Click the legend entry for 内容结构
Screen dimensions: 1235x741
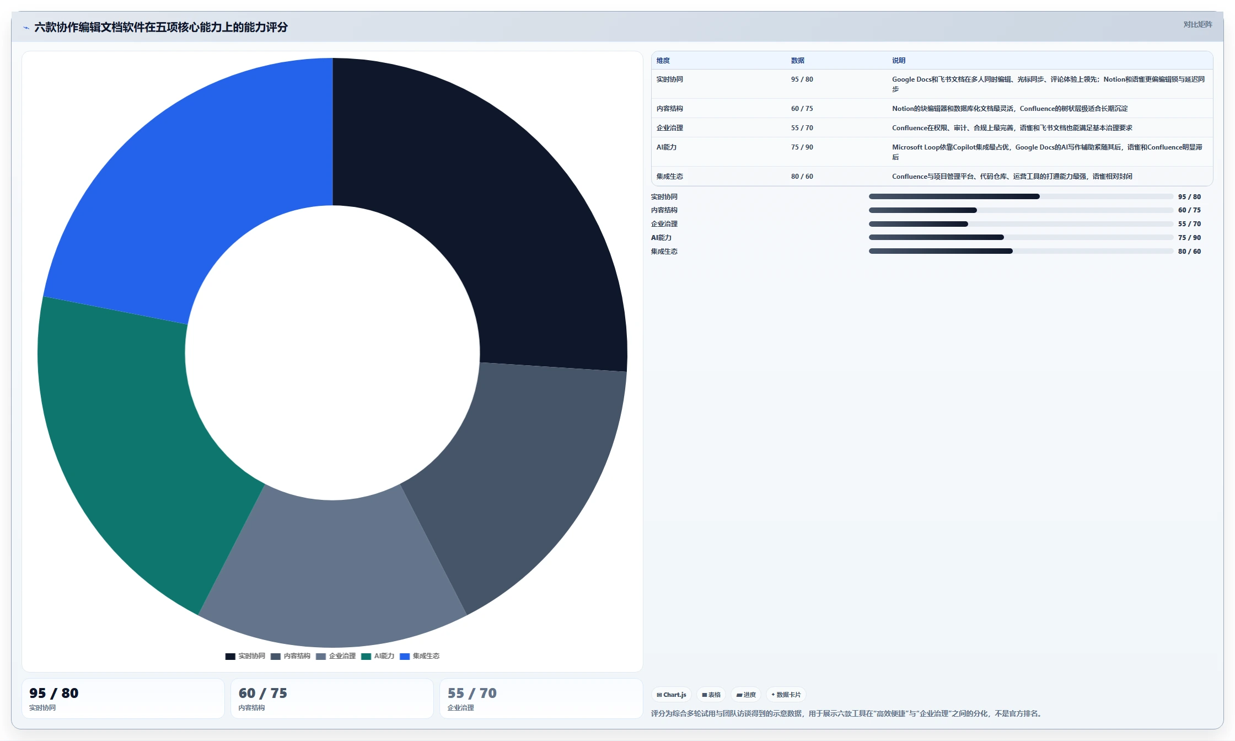(291, 656)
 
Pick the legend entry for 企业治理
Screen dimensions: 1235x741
(336, 656)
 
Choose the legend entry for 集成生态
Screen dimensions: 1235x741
(420, 656)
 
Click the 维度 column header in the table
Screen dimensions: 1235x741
(663, 61)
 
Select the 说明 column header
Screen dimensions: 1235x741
(899, 61)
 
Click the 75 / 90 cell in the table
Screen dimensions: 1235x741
(802, 147)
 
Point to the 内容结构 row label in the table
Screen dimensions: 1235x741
(670, 109)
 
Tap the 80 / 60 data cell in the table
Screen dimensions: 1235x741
(802, 177)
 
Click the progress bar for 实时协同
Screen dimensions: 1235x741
(1021, 196)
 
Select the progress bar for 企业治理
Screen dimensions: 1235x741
(1021, 224)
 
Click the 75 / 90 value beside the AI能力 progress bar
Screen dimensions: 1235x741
(1189, 238)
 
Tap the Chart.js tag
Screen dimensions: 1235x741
(672, 695)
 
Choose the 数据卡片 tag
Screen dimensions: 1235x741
(786, 695)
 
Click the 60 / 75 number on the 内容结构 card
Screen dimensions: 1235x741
(263, 693)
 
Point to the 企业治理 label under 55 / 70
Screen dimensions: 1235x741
(461, 708)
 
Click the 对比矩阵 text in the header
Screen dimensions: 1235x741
(1198, 25)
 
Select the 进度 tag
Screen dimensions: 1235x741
(746, 695)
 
